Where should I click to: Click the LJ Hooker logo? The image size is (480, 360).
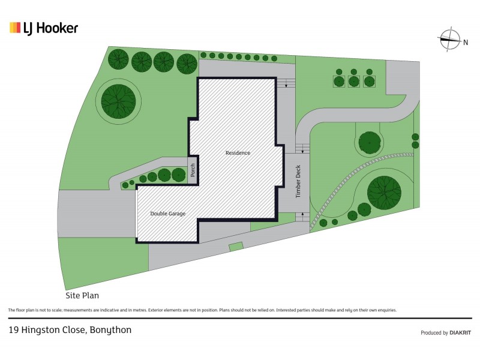coord(44,28)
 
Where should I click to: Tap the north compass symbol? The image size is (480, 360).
coord(449,40)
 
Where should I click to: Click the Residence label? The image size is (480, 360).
coord(238,153)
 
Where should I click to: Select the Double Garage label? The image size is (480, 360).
coord(168,214)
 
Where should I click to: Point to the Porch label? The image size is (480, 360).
coord(193,170)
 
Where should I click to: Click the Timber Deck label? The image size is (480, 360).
coord(298,181)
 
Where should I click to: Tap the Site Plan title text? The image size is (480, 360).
coord(82,295)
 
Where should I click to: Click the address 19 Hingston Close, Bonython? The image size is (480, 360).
coord(70,329)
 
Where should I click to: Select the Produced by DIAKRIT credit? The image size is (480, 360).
coord(446,333)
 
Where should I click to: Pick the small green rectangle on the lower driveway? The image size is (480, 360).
coord(236,247)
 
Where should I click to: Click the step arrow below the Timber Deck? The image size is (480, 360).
coord(302,214)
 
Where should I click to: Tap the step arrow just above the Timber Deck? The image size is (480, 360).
coord(302,151)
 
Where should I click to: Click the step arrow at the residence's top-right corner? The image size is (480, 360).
coord(286,85)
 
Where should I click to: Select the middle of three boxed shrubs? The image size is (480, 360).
coord(354,82)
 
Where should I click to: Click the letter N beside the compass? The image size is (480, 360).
coord(466,43)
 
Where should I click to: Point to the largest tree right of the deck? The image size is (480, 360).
coord(384,193)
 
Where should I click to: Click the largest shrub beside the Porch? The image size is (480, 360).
coord(178,175)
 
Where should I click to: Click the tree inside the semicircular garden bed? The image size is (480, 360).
coord(370,143)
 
